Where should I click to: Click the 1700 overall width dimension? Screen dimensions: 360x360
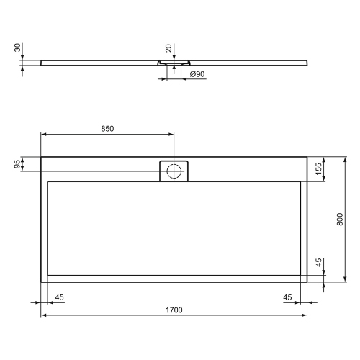(174, 310)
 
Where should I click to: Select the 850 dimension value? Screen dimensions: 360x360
(107, 129)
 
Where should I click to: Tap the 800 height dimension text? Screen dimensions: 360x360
(341, 219)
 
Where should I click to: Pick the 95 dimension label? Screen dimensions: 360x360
(17, 164)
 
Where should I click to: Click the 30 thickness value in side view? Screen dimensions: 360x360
(17, 48)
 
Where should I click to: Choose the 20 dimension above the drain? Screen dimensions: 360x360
(168, 48)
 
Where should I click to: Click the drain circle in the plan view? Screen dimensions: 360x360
(173, 171)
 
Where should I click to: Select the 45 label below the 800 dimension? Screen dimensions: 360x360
(318, 264)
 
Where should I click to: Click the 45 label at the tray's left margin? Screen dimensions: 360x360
(59, 297)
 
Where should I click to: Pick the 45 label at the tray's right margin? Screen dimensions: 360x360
(287, 297)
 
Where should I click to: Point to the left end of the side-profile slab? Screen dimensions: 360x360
(42, 62)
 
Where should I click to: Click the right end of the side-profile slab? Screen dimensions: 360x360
(307, 62)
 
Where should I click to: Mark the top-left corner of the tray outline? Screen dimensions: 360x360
(41, 158)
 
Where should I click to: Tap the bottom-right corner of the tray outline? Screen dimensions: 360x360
(307, 282)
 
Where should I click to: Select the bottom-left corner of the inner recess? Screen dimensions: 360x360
(48, 274)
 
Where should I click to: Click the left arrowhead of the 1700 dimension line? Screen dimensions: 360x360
(43, 315)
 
